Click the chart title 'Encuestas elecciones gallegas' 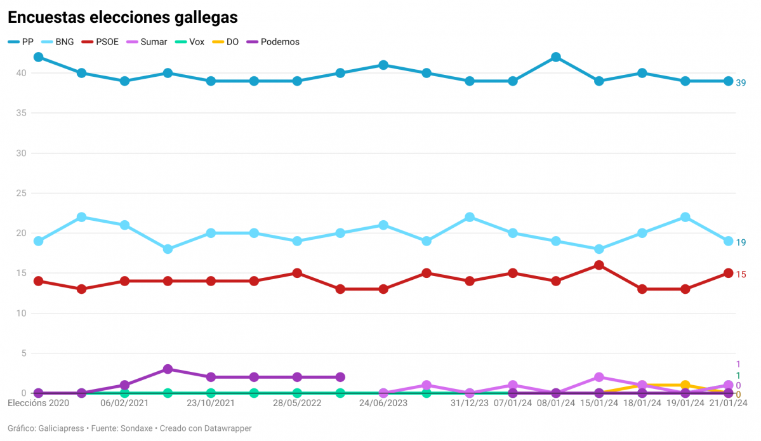click(x=122, y=18)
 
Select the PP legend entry click(x=22, y=42)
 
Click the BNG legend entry click(x=57, y=42)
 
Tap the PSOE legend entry click(x=100, y=42)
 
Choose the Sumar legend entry click(x=147, y=42)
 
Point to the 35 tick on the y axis click(x=21, y=113)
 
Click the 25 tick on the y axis click(x=21, y=193)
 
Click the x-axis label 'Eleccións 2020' click(x=38, y=403)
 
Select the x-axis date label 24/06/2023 click(x=383, y=403)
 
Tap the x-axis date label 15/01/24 click(x=599, y=403)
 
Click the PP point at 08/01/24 click(x=556, y=57)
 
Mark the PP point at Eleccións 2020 click(x=38, y=57)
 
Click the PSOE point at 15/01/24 click(x=599, y=265)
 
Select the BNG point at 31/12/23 click(x=470, y=217)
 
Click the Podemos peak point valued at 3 click(x=168, y=369)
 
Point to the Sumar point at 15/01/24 click(x=599, y=377)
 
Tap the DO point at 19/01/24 click(x=685, y=385)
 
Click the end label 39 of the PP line click(x=741, y=82)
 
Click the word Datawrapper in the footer click(x=227, y=428)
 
